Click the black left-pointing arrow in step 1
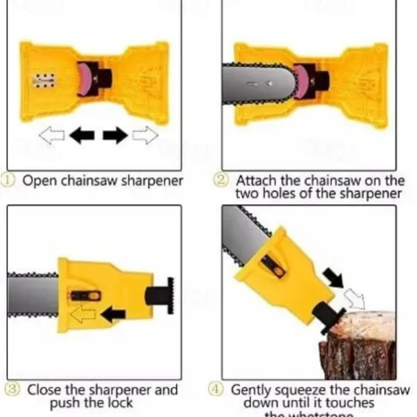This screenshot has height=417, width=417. pos(83,135)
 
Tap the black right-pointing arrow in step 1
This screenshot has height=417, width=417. pos(115,135)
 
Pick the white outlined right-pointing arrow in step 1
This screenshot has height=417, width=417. pos(145,135)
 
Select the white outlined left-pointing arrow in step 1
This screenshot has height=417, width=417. pos(52,135)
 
